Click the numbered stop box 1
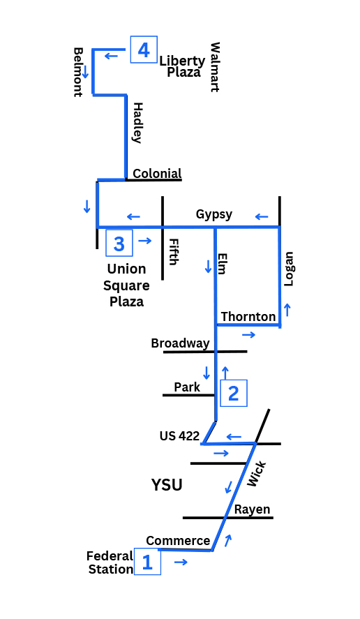(x=147, y=561)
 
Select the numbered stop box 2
(x=233, y=393)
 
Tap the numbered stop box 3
(x=119, y=244)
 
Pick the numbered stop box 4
(x=144, y=50)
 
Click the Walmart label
(x=214, y=67)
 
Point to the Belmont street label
(x=78, y=73)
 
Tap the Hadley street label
(x=137, y=123)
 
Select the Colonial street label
(x=157, y=173)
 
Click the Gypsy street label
(x=214, y=214)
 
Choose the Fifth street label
(x=173, y=252)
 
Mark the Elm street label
(x=223, y=264)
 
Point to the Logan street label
(x=289, y=269)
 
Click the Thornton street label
(x=248, y=317)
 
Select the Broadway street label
(x=180, y=343)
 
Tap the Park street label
(x=187, y=387)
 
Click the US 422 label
(x=179, y=436)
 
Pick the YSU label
(x=167, y=484)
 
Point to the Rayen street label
(x=253, y=509)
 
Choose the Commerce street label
(x=178, y=540)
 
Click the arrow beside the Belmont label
(x=85, y=71)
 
